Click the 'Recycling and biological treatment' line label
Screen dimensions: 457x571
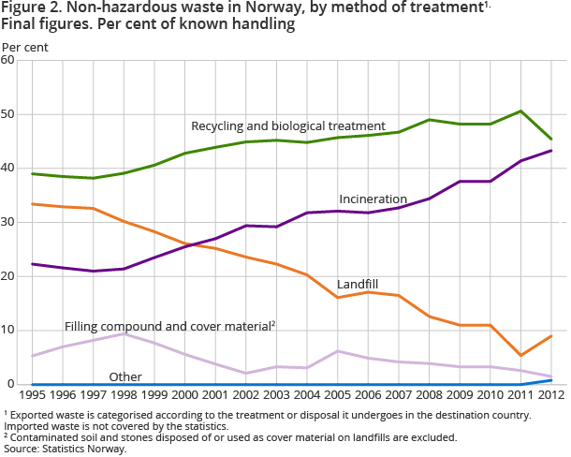(288, 125)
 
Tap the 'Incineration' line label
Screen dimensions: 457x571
(373, 199)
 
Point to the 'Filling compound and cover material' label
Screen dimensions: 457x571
(168, 326)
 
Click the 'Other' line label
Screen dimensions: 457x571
(125, 376)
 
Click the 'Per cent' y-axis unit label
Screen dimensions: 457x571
(25, 45)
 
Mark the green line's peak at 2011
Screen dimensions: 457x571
(521, 111)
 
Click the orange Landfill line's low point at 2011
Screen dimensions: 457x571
(521, 355)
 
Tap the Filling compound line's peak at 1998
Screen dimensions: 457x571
(124, 333)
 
